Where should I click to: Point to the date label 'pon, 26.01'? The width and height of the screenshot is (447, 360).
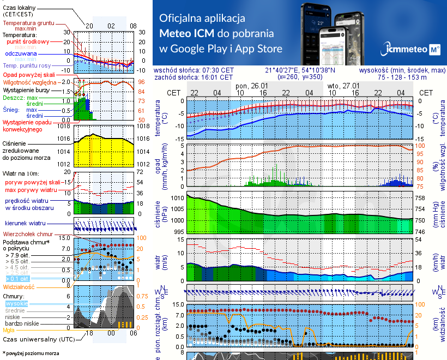tap(251, 86)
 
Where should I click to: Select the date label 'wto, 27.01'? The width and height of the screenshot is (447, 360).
tap(343, 86)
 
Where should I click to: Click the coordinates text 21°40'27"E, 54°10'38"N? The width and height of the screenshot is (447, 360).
tap(300, 70)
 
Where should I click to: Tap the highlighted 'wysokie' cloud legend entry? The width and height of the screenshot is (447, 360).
tap(17, 303)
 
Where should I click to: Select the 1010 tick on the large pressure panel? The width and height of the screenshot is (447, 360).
tap(177, 199)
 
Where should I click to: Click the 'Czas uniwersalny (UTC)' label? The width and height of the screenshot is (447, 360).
tap(34, 339)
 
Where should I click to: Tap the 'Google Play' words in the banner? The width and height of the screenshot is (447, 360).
tap(199, 49)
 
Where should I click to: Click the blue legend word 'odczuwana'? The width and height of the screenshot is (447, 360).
tap(21, 54)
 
